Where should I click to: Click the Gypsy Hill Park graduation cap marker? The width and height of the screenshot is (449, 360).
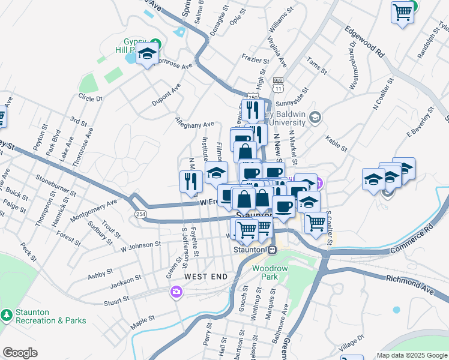click(146, 55)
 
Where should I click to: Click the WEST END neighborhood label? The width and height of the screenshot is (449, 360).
click(206, 277)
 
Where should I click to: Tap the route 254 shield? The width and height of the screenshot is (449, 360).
click(140, 214)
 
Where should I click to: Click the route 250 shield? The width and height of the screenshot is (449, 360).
click(252, 98)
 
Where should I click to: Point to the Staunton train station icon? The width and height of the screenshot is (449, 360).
click(273, 250)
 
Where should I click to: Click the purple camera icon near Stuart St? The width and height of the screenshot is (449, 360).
click(176, 292)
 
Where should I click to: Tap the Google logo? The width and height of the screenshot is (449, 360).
click(20, 353)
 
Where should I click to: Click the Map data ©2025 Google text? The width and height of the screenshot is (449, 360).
click(412, 355)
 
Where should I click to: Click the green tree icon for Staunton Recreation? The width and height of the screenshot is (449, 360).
click(6, 314)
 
